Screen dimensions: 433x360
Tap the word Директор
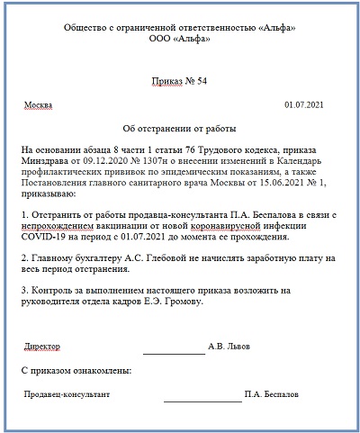[x=42, y=345]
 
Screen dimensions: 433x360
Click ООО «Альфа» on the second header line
[x=180, y=41]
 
